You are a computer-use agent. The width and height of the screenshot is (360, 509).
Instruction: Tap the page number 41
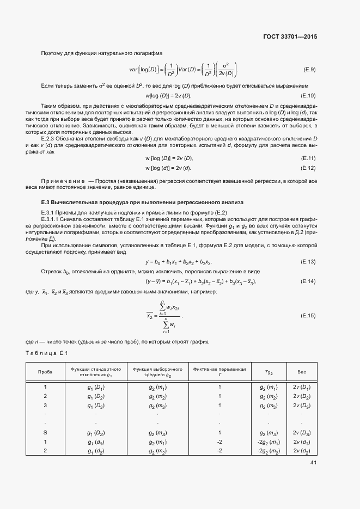click(313, 463)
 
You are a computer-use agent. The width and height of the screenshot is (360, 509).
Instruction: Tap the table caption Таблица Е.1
click(46, 354)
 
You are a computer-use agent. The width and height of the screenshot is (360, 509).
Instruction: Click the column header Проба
click(45, 372)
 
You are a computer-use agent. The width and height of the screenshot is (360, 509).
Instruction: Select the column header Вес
click(301, 372)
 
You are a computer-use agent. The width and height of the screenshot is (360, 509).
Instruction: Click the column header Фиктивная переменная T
click(219, 372)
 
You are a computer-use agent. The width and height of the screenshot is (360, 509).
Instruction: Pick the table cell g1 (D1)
click(95, 387)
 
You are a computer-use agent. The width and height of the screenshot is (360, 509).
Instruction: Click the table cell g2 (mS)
click(157, 432)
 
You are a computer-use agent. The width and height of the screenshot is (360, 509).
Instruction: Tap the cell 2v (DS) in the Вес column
click(301, 432)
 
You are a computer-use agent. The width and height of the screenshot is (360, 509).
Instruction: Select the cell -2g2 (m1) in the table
click(269, 441)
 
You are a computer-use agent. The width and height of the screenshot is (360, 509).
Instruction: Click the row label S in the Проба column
click(45, 432)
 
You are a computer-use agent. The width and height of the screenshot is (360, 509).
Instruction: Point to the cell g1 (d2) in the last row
click(95, 451)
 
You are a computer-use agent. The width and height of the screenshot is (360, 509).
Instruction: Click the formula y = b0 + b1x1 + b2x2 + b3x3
click(178, 262)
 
